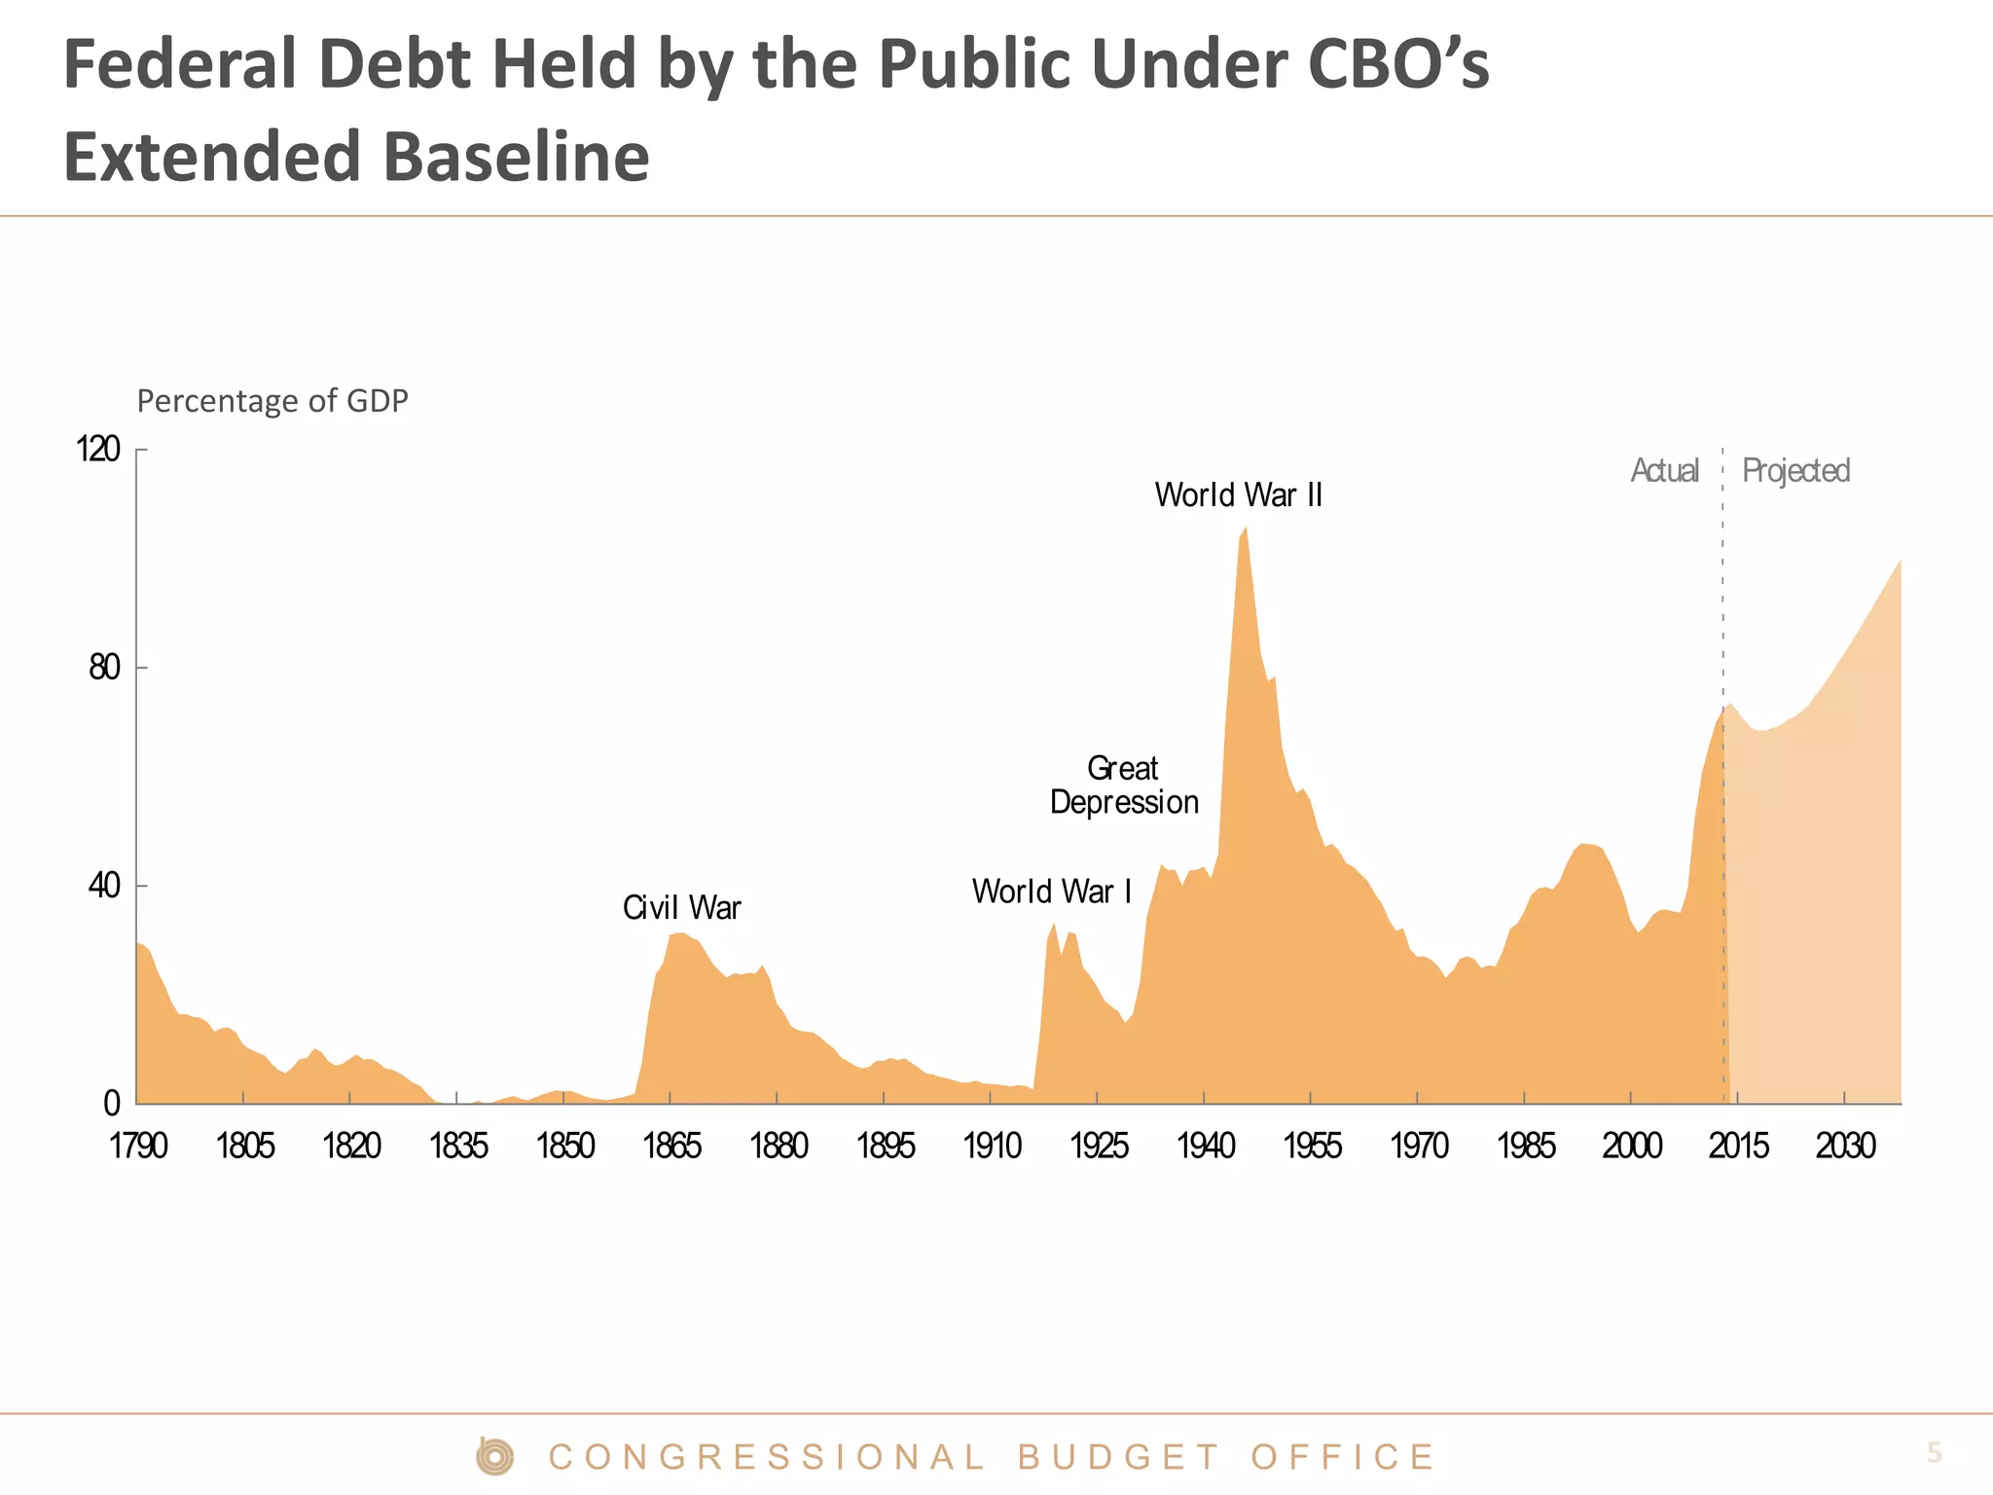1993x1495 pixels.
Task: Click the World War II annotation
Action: (x=1238, y=495)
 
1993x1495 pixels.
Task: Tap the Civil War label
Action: (x=681, y=908)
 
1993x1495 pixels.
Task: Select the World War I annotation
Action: (x=1051, y=892)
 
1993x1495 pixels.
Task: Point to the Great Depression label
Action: (x=1124, y=785)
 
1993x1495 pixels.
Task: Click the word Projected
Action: (x=1795, y=471)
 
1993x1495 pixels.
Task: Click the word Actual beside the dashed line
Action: (x=1664, y=471)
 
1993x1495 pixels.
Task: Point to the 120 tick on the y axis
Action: (x=98, y=450)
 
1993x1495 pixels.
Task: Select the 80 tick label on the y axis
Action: (x=104, y=668)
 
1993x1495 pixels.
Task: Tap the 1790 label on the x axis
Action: (x=138, y=1147)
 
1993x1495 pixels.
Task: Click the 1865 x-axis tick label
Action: (x=671, y=1147)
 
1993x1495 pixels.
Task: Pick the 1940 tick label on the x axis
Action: (x=1206, y=1147)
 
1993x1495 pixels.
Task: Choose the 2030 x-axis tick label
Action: (x=1845, y=1147)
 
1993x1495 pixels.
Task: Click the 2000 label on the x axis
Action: (x=1632, y=1147)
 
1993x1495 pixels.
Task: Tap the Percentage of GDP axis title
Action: (x=272, y=401)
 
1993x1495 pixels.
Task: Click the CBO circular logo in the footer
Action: (x=495, y=1456)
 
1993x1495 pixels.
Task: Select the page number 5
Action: (x=1934, y=1453)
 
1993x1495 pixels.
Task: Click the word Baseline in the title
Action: (x=516, y=157)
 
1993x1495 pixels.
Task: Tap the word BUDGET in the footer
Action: (x=1119, y=1457)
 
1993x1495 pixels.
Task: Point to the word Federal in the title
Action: (x=180, y=64)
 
